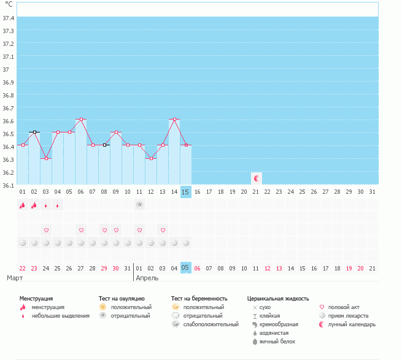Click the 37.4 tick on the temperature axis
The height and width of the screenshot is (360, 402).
click(x=9, y=18)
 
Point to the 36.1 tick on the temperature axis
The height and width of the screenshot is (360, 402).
click(x=9, y=184)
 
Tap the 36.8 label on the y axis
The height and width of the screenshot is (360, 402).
click(x=9, y=95)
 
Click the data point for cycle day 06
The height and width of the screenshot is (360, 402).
click(x=81, y=120)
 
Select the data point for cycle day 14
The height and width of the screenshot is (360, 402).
click(x=175, y=120)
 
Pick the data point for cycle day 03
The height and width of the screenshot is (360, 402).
click(x=46, y=158)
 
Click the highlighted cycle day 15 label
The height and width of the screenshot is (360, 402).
click(x=186, y=192)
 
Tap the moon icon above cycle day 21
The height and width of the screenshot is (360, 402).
click(x=257, y=178)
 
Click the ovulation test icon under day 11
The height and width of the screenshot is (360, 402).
click(x=140, y=205)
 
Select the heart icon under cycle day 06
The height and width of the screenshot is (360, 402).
click(x=81, y=230)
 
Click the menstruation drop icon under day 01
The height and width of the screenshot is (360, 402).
click(x=23, y=205)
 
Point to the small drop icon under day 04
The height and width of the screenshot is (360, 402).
click(x=58, y=205)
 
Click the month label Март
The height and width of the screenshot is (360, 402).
click(x=15, y=278)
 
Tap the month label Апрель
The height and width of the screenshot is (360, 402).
click(x=147, y=278)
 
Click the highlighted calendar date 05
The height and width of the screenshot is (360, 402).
click(x=186, y=268)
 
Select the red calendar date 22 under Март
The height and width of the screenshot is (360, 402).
click(x=23, y=268)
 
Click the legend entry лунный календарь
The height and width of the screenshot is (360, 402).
click(x=352, y=324)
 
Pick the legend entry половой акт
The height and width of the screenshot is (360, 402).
click(x=344, y=307)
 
